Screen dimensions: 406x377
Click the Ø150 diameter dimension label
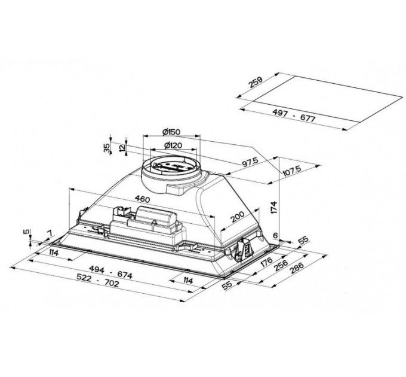coord(171,132)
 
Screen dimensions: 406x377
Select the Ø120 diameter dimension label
coord(173,145)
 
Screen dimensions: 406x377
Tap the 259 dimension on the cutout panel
coord(256,82)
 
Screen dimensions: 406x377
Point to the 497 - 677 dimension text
coord(294,115)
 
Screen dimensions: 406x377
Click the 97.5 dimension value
coord(250,162)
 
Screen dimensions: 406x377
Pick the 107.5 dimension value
coord(292,171)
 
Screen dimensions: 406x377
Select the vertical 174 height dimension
coord(274,207)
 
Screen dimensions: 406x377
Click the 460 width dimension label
coord(142,199)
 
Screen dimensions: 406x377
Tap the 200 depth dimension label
coord(238,217)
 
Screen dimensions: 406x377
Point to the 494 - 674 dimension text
coord(110,272)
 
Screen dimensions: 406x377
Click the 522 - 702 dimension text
coord(98,281)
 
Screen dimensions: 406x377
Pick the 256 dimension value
coord(281,265)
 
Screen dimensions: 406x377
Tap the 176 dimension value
coord(266,262)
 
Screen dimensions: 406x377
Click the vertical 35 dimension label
coord(106,148)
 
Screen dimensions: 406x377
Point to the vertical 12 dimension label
coord(122,147)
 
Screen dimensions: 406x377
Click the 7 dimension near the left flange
coord(49,233)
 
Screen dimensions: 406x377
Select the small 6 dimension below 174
coord(275,236)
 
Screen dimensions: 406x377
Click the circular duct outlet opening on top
coord(171,166)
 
